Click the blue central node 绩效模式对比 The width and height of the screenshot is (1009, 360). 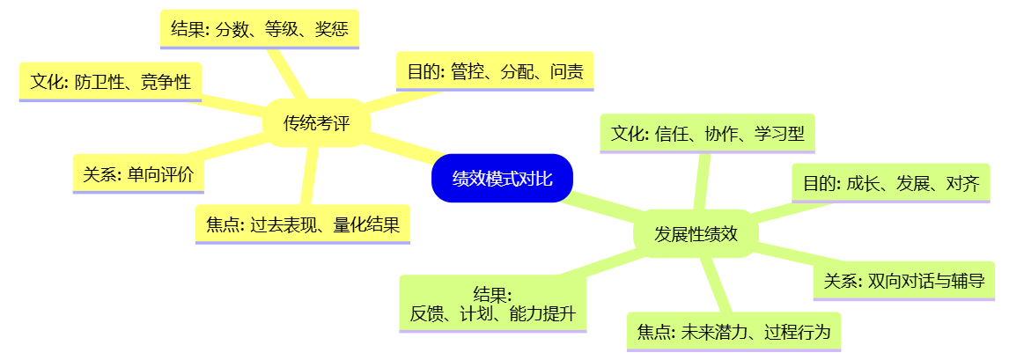502,178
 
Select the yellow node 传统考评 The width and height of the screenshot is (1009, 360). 317,122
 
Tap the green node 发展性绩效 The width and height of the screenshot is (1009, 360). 696,234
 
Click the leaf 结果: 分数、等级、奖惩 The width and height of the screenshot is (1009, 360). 260,30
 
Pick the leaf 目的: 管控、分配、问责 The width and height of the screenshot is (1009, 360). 494,71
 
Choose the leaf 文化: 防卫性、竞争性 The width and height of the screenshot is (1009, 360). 111,82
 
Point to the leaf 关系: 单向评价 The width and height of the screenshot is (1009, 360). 138,174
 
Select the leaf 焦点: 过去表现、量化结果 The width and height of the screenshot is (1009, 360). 303,224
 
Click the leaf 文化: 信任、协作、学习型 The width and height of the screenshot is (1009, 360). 707,134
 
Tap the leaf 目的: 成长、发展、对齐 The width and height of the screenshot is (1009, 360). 891,183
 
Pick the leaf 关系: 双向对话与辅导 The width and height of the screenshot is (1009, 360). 904,280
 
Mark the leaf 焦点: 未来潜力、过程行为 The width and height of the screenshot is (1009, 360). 734,332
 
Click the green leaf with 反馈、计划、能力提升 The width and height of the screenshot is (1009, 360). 493,304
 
